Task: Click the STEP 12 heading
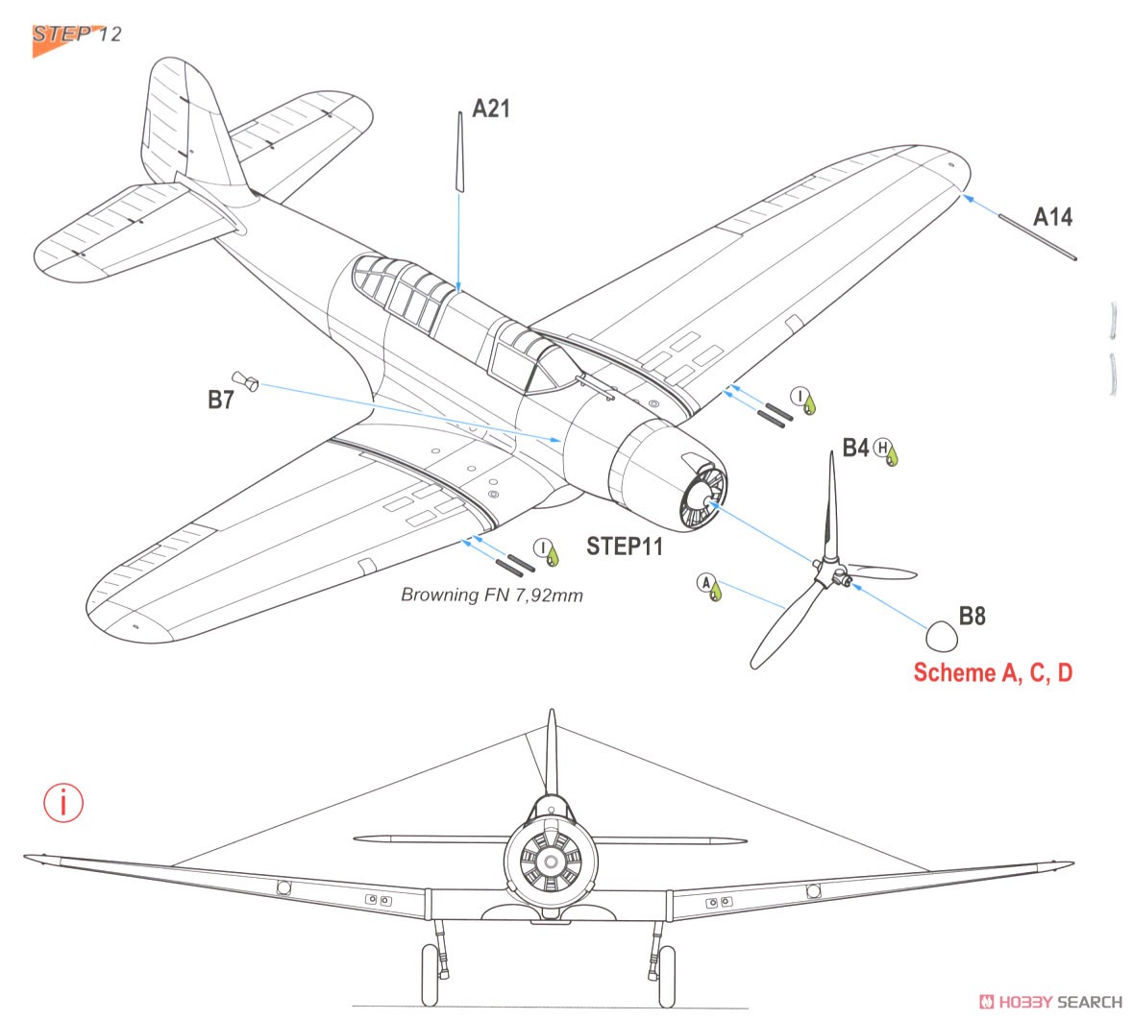77,34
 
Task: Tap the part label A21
491,109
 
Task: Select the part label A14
1053,217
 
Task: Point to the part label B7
221,400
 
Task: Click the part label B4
855,448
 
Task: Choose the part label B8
972,617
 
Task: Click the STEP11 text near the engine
625,546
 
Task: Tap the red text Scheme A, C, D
993,672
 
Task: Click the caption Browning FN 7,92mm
492,595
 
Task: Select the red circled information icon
63,803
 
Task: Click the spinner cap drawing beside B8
942,637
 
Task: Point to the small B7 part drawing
245,380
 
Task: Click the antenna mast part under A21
459,152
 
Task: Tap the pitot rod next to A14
1038,237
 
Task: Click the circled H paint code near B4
882,448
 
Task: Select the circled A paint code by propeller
706,583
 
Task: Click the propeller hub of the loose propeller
832,572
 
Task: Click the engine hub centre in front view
551,862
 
